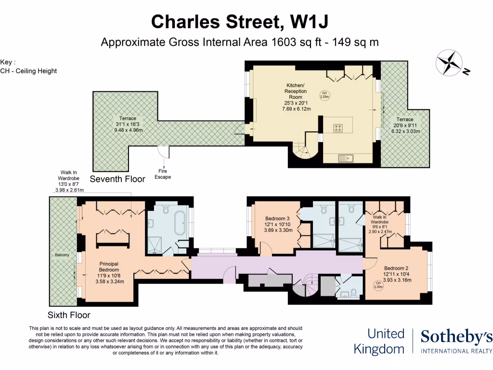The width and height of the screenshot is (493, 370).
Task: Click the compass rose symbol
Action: pos(449,63)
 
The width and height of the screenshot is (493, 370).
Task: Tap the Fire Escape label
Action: pos(163,174)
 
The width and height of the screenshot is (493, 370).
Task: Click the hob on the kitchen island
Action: pos(338,128)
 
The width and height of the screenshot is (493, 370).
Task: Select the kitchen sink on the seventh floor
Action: pos(346,158)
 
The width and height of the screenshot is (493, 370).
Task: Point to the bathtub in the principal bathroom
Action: pos(180,223)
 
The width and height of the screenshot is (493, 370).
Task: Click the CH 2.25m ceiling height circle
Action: pos(324,95)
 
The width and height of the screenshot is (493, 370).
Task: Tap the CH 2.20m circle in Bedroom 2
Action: pos(378,285)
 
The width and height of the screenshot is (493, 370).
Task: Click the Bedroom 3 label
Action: pos(277,218)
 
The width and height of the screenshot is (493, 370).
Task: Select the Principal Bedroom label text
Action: pos(109,267)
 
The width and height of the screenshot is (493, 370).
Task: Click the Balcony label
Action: pos(62,255)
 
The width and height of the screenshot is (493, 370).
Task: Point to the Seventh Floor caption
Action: pos(117,179)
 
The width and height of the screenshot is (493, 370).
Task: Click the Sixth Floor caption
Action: pos(69,315)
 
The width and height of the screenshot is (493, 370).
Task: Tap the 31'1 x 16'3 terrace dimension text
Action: pos(128,124)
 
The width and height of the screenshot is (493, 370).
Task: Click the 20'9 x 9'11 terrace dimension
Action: pos(405,125)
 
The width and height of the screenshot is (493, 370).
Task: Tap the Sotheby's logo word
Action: pos(456,337)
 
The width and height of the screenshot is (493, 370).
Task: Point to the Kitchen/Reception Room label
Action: pos(296,91)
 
